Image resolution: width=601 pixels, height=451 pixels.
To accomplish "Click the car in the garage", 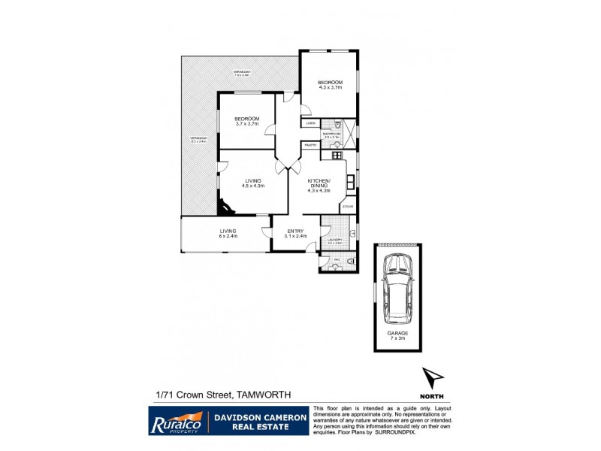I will [397, 288].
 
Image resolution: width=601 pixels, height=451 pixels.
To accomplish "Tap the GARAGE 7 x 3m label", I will [397, 335].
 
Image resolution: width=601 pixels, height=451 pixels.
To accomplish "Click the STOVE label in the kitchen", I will [348, 206].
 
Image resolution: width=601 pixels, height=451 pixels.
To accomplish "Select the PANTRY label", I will [310, 145].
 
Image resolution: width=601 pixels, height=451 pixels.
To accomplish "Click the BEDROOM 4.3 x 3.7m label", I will [329, 84].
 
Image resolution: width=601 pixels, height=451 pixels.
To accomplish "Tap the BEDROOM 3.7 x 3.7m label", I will [246, 121].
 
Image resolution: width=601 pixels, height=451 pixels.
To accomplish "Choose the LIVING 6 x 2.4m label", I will [228, 233].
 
